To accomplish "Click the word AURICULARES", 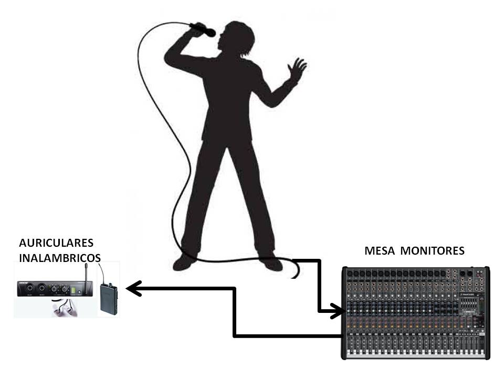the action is click(56, 243).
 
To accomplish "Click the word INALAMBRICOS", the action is click(60, 258).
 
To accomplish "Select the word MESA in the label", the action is click(379, 251).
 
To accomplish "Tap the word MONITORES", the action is click(432, 251).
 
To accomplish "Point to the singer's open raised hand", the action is click(297, 70).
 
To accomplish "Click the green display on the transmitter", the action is click(73, 290).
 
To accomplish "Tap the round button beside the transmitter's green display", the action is click(79, 291).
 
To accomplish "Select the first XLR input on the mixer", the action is click(350, 274).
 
